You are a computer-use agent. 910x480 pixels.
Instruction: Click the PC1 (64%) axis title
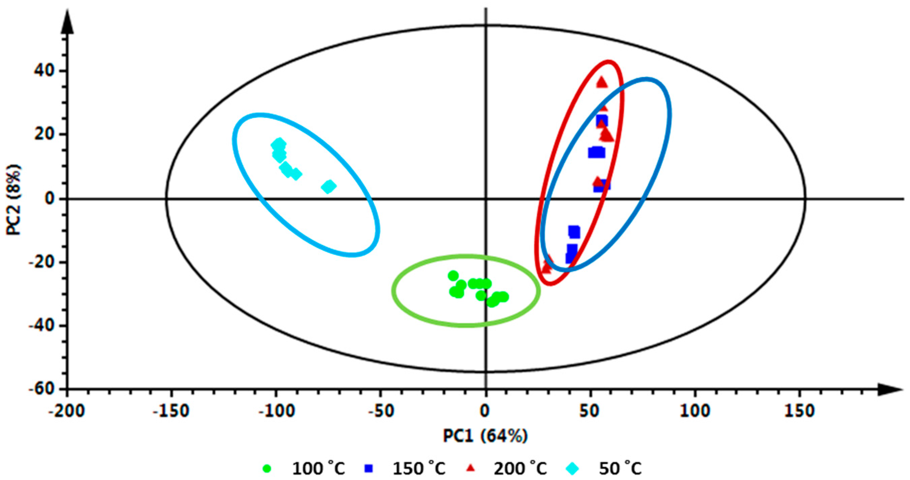coord(485,436)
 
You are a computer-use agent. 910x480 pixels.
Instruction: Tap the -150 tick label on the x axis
coord(171,411)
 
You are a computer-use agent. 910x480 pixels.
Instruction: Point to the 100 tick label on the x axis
coord(695,411)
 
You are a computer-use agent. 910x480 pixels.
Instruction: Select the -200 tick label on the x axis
coord(66,411)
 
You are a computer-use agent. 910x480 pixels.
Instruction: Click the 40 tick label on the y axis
coord(45,71)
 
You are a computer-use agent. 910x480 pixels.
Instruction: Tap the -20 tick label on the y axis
coord(42,262)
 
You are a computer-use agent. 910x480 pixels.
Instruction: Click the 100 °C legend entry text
coord(318,469)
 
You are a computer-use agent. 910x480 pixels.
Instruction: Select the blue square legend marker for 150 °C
coord(369,469)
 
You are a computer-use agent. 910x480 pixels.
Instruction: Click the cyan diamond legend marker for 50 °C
coord(572,469)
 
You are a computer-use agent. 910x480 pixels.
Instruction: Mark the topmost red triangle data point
coord(602,83)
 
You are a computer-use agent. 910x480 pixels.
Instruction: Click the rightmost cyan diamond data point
coord(329,186)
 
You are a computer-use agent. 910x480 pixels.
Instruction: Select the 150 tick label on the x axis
coord(799,411)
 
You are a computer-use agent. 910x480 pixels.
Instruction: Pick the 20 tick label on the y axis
coord(45,134)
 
